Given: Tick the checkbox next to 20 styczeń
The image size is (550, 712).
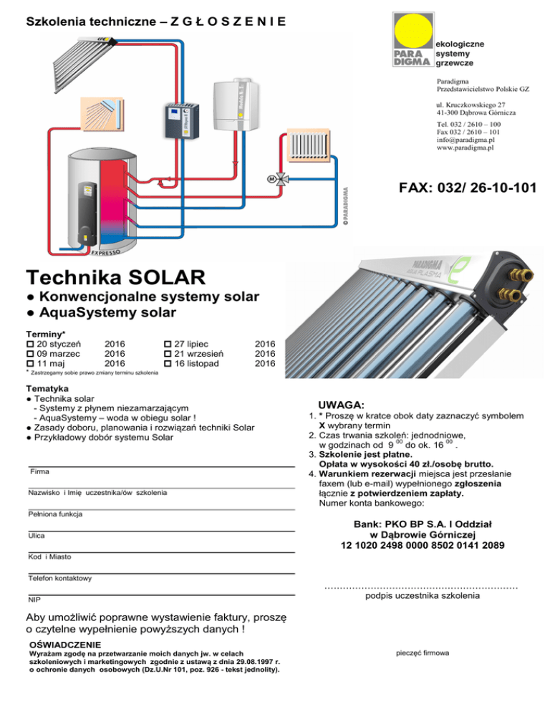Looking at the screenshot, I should [29, 344].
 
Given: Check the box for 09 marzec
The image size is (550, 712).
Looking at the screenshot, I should [29, 354].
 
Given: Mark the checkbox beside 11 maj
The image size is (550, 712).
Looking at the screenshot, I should [29, 364].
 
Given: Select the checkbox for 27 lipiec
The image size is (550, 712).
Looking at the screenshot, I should [168, 344].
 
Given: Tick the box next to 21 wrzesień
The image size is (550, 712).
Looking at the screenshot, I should [168, 354].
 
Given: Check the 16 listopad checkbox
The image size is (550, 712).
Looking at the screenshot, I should [168, 364].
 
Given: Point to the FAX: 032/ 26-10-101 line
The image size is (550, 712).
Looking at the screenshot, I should [468, 188].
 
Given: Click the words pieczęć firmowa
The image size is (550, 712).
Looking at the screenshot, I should [422, 653].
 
